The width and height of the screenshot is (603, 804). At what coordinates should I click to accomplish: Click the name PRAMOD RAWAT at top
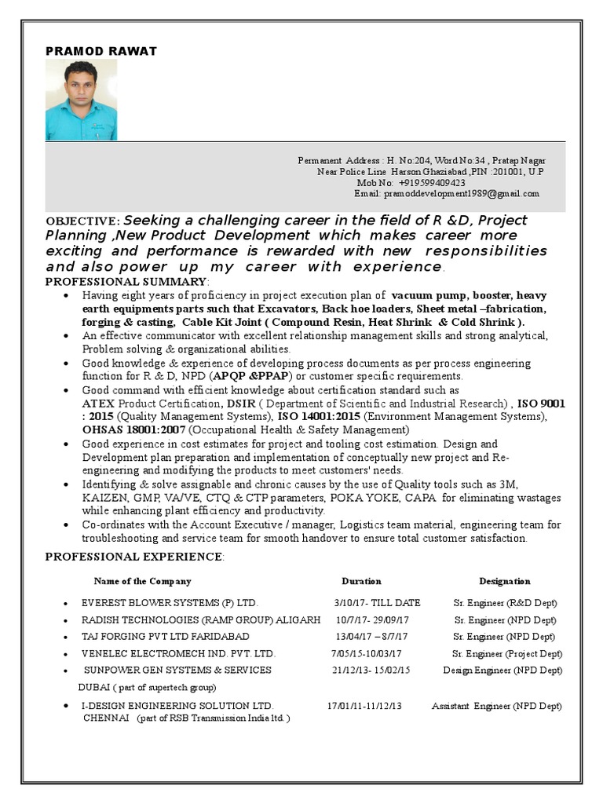pyautogui.click(x=101, y=51)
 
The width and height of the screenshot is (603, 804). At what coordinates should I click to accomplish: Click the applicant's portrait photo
pyautogui.click(x=81, y=100)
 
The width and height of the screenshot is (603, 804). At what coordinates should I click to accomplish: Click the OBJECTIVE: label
pyautogui.click(x=82, y=222)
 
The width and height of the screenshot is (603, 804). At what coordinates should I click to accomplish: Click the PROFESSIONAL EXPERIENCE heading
pyautogui.click(x=133, y=557)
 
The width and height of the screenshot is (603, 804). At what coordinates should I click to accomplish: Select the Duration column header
pyautogui.click(x=361, y=582)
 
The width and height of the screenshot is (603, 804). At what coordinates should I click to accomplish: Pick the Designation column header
pyautogui.click(x=504, y=582)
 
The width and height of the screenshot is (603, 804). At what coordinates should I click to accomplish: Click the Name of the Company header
pyautogui.click(x=142, y=582)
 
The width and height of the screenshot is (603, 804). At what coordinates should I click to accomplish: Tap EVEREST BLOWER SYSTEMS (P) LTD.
pyautogui.click(x=170, y=603)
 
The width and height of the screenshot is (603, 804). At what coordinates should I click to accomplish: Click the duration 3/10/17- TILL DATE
pyautogui.click(x=377, y=603)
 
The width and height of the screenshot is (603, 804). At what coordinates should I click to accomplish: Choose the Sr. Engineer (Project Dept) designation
pyautogui.click(x=506, y=653)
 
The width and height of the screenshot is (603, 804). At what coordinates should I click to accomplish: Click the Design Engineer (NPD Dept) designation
pyautogui.click(x=502, y=671)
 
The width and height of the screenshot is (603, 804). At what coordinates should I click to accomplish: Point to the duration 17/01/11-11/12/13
pyautogui.click(x=364, y=706)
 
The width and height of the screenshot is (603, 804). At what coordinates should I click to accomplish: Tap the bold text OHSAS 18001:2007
pyautogui.click(x=134, y=430)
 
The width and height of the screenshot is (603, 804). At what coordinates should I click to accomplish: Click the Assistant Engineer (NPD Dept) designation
pyautogui.click(x=496, y=706)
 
